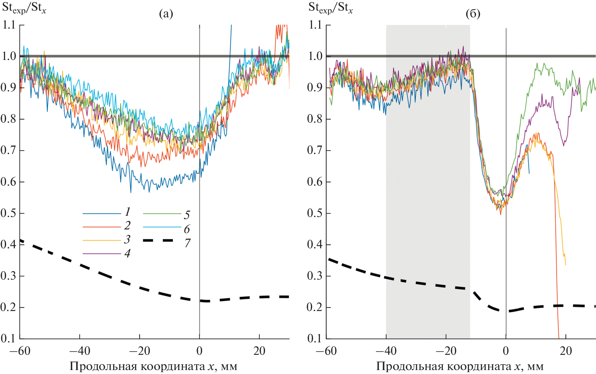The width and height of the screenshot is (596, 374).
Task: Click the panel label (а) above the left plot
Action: [x=166, y=14]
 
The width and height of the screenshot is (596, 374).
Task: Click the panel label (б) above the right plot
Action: [x=473, y=14]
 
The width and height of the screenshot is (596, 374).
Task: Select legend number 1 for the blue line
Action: [x=128, y=211]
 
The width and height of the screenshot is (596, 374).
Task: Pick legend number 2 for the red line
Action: [x=127, y=225]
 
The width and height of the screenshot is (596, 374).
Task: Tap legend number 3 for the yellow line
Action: [x=127, y=239]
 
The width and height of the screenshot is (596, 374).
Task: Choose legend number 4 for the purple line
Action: [x=127, y=253]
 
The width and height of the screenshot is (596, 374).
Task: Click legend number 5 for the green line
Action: [x=187, y=215]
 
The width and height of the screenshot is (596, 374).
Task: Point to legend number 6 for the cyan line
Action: [x=187, y=229]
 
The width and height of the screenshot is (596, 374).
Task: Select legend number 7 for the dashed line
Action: [x=187, y=243]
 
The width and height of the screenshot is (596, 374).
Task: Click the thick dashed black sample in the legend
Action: [x=158, y=240]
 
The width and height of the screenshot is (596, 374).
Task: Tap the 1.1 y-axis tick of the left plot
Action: [x=9, y=25]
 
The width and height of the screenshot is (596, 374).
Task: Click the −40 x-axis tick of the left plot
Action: [x=80, y=351]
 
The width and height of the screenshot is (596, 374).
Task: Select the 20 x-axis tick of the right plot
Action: [x=566, y=351]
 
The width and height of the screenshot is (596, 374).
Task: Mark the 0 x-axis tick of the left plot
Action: [x=199, y=351]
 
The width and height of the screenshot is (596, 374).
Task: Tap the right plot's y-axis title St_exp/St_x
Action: [x=331, y=8]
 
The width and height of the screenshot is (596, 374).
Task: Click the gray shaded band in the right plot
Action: [x=428, y=183]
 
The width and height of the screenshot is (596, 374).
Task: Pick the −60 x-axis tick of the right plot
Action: [x=326, y=351]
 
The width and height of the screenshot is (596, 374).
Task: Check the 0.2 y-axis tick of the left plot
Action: [x=8, y=307]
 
